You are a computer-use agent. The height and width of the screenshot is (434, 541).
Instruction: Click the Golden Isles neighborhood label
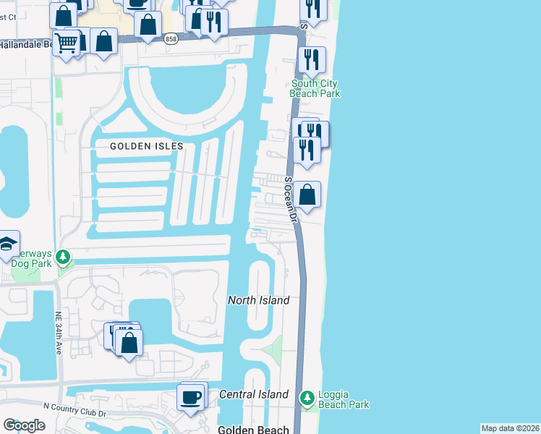pyautogui.click(x=146, y=145)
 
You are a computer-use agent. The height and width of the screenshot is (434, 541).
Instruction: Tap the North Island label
pyautogui.click(x=258, y=300)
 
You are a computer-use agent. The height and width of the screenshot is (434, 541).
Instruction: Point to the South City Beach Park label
pyautogui.click(x=315, y=88)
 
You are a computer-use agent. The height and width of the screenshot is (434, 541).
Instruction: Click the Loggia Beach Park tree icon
pyautogui.click(x=307, y=398)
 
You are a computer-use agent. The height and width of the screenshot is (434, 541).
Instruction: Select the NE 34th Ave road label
pyautogui.click(x=59, y=333)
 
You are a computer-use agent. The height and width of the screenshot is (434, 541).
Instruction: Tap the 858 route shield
pyautogui.click(x=171, y=39)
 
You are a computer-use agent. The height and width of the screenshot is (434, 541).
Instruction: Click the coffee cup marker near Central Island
pyautogui.click(x=191, y=397)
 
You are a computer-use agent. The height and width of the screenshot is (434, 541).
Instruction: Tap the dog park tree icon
pyautogui.click(x=64, y=256)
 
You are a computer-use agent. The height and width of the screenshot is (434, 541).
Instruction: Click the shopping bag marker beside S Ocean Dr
pyautogui.click(x=307, y=194)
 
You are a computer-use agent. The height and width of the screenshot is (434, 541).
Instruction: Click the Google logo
pyautogui.click(x=25, y=425)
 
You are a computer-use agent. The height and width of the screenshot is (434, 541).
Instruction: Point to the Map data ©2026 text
pyautogui.click(x=510, y=428)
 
